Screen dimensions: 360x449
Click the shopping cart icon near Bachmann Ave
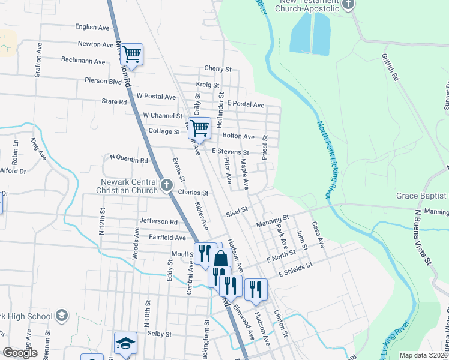point(131,55)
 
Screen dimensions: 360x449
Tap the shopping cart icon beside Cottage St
point(199,127)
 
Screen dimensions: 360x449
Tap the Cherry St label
point(217,70)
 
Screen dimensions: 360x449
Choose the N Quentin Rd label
point(129,160)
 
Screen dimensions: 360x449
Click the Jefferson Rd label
point(158,221)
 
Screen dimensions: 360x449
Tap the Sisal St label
point(237,211)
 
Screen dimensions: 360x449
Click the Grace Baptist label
point(421,196)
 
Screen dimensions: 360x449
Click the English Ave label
point(92,27)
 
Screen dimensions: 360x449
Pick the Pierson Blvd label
point(104,80)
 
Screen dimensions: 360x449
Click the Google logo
point(20,353)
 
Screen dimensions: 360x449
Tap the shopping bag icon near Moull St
point(220,259)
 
